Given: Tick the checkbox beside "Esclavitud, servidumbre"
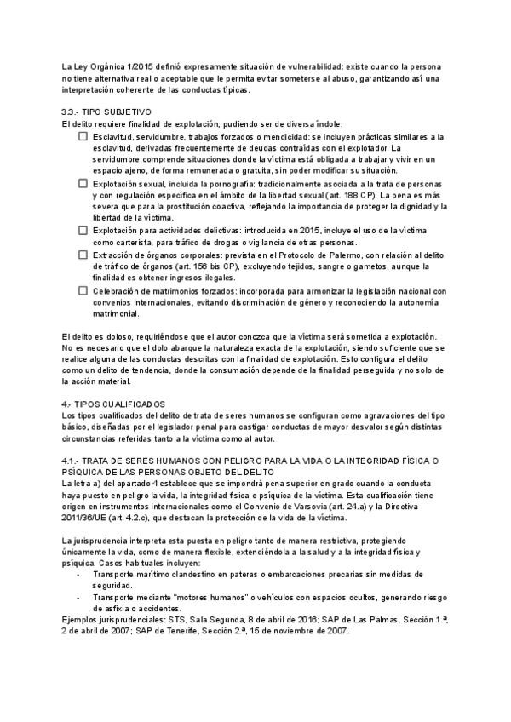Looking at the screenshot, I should pyautogui.click(x=83, y=136).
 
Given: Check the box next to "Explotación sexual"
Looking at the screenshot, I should pyautogui.click(x=83, y=183).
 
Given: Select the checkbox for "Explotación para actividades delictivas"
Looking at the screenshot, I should pyautogui.click(x=83, y=230).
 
